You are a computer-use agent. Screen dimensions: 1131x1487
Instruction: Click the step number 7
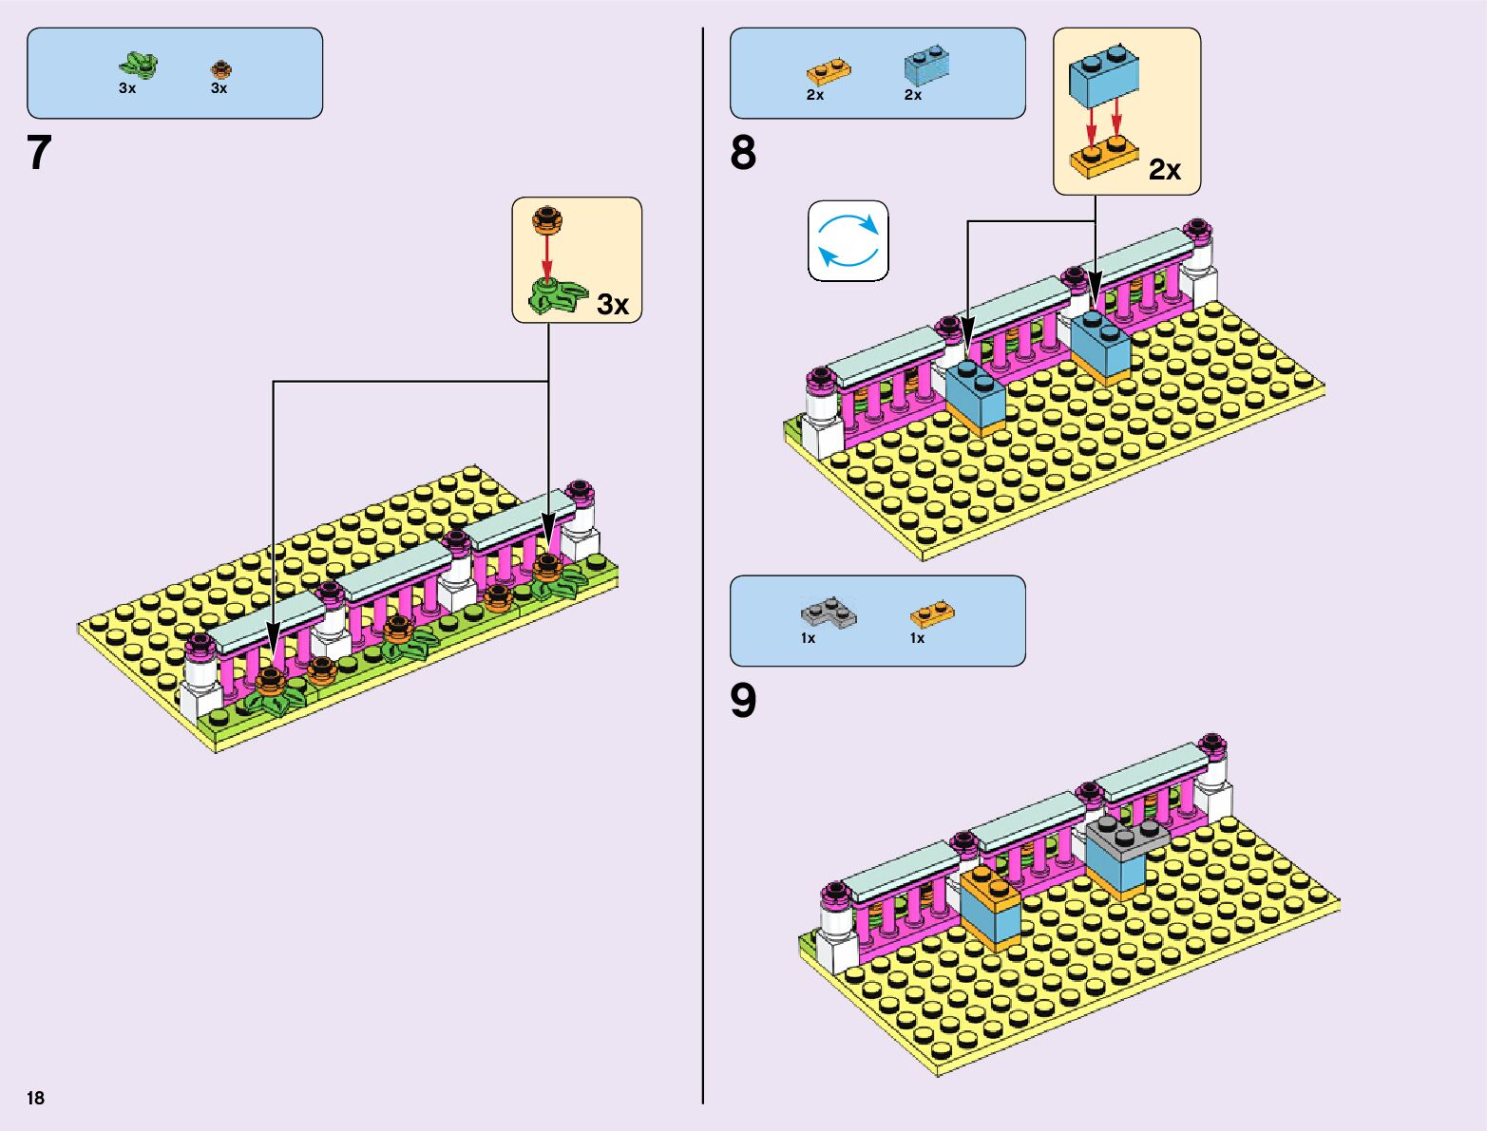[x=39, y=153]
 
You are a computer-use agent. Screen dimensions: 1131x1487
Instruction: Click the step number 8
[x=743, y=153]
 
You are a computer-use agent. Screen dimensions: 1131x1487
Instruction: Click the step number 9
[x=743, y=701]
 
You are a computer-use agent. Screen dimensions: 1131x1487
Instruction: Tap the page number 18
[x=36, y=1099]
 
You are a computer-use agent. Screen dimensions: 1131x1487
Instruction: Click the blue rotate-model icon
[x=848, y=240]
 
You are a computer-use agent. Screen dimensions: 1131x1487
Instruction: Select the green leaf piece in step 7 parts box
[x=138, y=66]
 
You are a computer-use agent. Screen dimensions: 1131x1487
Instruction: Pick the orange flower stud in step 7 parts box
[x=221, y=69]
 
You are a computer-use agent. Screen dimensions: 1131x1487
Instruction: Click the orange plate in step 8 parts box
[x=828, y=71]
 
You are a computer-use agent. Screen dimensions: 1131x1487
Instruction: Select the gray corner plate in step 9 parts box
[x=828, y=613]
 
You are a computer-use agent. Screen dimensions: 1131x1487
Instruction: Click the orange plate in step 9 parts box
[x=932, y=613]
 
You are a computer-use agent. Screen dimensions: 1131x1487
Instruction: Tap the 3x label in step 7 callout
[x=613, y=305]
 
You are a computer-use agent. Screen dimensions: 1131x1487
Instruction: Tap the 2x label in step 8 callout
[x=1165, y=170]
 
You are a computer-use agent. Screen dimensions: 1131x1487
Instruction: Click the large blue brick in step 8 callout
[x=1105, y=77]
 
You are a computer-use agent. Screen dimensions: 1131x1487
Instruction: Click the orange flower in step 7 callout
[x=546, y=219]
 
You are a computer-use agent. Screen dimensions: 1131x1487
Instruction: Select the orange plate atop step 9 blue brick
[x=988, y=884]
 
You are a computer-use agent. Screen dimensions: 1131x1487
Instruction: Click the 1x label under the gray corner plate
[x=808, y=638]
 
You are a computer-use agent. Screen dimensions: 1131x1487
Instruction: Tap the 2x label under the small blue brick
[x=913, y=95]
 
